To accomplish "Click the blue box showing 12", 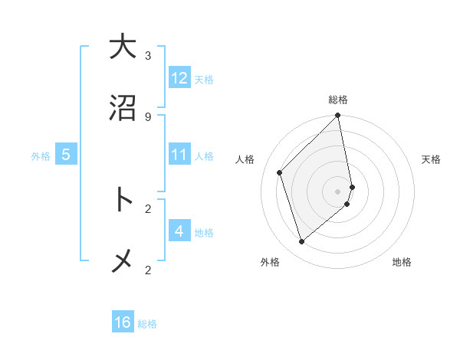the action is (179, 78).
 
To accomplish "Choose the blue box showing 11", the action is (179, 155).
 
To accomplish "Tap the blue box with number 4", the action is (179, 231).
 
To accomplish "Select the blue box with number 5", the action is (66, 155).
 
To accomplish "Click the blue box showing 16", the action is (123, 322).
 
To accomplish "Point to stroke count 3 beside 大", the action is (148, 56).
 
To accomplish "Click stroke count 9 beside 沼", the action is (148, 117).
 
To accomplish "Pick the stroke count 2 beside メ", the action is (148, 270).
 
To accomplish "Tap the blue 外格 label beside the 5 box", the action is (41, 156).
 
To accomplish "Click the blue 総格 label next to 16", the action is (147, 324).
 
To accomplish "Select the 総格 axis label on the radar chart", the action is (338, 100).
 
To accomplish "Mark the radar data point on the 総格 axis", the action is (338, 116).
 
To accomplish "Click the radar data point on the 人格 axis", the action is (280, 172).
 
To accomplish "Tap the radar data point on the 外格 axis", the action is (302, 242).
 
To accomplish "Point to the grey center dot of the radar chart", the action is (338, 191).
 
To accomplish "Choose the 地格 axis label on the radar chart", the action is (402, 262).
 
